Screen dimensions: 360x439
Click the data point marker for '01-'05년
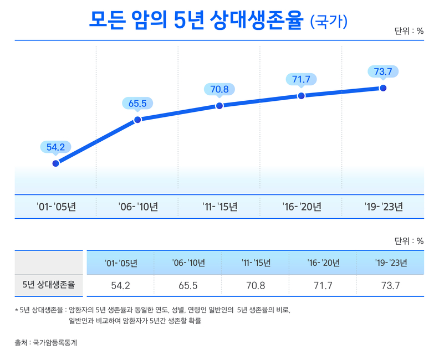tap(55, 163)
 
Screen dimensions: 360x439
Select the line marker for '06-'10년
tap(137, 119)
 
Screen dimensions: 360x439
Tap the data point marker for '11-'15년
tap(219, 105)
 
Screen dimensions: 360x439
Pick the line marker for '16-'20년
tap(301, 96)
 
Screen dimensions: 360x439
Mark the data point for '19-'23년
tap(383, 88)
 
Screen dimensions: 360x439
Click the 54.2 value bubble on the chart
tap(55, 147)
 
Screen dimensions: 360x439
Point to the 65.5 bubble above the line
tap(137, 103)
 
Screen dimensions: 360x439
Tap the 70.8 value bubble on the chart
tap(219, 89)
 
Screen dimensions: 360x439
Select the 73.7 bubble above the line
tap(383, 71)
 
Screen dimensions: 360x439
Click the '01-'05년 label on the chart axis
tap(56, 207)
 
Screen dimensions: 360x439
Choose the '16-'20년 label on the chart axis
tap(302, 207)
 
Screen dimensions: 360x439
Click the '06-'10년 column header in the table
tap(188, 262)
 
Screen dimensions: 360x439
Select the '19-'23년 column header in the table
tap(390, 262)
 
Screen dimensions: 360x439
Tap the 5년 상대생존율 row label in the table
tap(50, 285)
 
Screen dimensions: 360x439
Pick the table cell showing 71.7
tap(323, 285)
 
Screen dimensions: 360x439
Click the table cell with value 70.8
tap(256, 285)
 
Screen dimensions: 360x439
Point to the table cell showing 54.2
tap(121, 285)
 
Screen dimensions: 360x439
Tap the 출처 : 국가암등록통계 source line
tap(46, 343)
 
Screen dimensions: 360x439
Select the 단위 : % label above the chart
tap(409, 31)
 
